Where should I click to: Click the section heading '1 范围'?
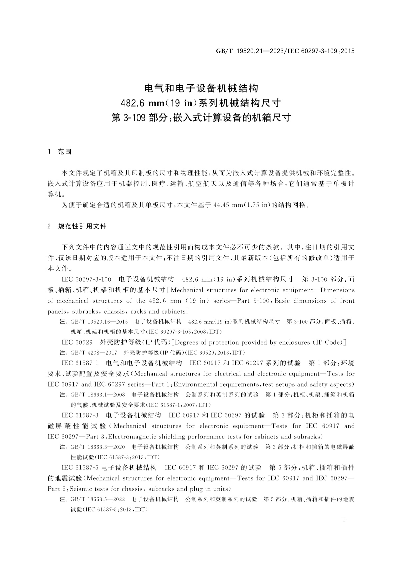[x=60, y=152]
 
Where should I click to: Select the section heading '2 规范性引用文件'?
[x=77, y=226]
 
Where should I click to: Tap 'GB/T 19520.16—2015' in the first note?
[x=99, y=322]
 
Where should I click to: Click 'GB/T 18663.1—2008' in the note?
[x=98, y=395]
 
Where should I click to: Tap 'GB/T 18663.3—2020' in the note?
[x=98, y=447]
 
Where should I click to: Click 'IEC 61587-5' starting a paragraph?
[x=80, y=468]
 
